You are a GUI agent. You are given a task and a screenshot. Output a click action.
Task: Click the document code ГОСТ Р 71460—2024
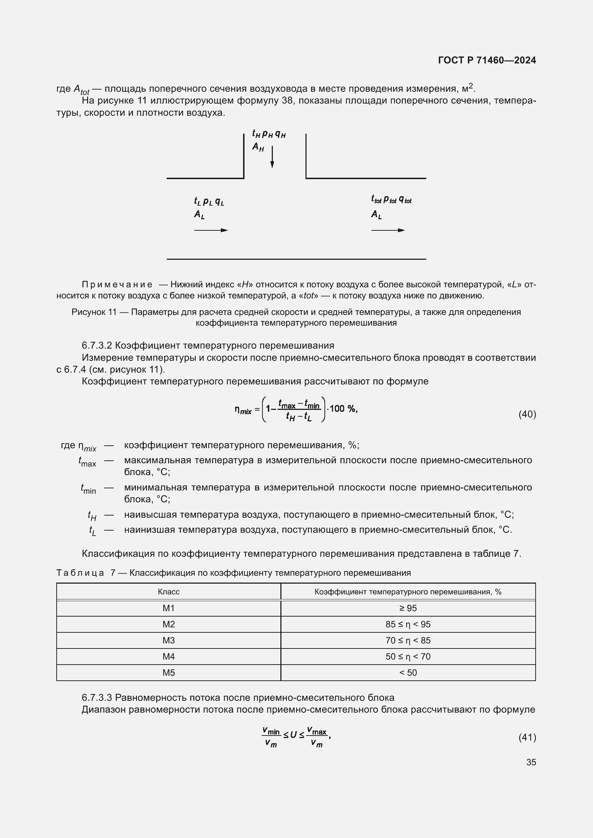point(487,60)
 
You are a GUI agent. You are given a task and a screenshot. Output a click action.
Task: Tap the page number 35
point(531,762)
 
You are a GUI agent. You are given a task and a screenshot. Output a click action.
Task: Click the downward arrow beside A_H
point(272,157)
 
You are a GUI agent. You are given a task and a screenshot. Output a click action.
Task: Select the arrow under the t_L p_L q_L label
point(211,230)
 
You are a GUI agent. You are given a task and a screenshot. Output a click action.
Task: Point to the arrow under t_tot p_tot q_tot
point(388,230)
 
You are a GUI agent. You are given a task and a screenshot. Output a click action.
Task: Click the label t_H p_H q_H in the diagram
point(269,134)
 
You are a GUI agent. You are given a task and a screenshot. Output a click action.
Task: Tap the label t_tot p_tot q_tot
point(391,200)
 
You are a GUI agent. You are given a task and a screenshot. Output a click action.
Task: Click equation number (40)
point(527,414)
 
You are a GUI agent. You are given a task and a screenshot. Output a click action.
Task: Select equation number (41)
point(527,737)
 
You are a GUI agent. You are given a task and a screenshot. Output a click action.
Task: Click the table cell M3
point(169,640)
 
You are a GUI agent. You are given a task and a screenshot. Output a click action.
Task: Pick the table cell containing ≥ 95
point(408,608)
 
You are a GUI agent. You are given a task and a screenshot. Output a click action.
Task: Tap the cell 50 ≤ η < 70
point(408,656)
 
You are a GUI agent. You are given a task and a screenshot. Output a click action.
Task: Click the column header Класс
point(169,592)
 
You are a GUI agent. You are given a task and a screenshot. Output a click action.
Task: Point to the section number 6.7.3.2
point(96,345)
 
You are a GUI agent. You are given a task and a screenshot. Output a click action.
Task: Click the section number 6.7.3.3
point(96,698)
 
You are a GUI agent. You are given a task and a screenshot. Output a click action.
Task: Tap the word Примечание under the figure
point(117,284)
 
